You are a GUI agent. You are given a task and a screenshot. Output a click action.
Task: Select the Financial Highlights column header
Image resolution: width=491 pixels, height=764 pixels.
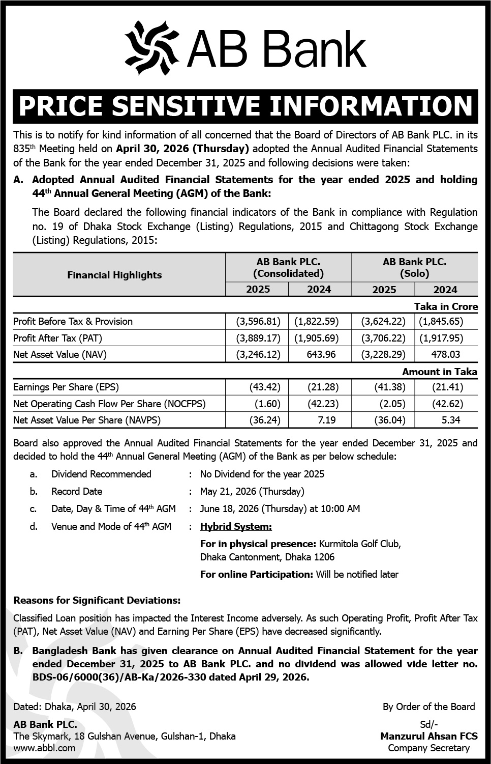point(114,275)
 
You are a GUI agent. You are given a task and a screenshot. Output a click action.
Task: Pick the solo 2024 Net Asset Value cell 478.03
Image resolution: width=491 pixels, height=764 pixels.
point(445,354)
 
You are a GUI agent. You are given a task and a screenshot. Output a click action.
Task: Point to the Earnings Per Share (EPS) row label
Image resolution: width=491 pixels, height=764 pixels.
point(66,387)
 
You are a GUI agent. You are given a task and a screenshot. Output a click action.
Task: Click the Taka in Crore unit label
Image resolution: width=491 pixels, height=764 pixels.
point(446,306)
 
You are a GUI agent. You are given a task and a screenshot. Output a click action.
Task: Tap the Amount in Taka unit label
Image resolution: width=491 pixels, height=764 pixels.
point(440,372)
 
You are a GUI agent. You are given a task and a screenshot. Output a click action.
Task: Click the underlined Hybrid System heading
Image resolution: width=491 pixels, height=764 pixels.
point(236,526)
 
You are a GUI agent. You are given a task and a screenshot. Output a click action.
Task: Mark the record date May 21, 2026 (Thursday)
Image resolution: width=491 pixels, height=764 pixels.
point(252,491)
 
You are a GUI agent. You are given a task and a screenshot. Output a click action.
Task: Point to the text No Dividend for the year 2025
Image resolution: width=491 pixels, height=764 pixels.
point(262,474)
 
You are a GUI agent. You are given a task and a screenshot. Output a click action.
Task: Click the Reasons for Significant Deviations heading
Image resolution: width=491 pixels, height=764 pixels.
point(97,600)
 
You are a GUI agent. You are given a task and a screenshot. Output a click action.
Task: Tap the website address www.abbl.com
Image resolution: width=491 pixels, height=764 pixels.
point(44,748)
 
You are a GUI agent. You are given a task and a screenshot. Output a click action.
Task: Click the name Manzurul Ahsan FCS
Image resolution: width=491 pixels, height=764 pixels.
point(428,735)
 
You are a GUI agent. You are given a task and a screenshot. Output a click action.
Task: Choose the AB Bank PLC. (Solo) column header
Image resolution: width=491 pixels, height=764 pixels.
point(414,267)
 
